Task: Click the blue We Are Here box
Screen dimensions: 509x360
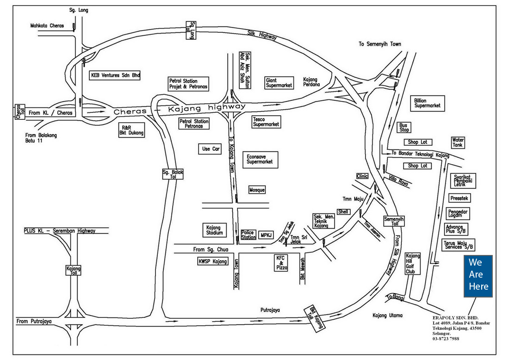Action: (x=478, y=276)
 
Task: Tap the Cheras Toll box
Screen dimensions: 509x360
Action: (x=20, y=112)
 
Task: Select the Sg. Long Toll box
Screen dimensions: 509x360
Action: (x=191, y=30)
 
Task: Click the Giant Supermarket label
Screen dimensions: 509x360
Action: (x=279, y=83)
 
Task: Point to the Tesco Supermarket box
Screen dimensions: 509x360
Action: (x=266, y=122)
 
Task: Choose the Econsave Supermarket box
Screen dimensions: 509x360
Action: (x=261, y=159)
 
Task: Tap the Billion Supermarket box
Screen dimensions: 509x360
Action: (x=427, y=103)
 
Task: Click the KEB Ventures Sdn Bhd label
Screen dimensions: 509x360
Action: (x=115, y=75)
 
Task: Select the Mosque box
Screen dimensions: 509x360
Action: (x=257, y=190)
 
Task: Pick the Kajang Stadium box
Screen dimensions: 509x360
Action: (x=214, y=230)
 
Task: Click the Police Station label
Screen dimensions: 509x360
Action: (x=248, y=235)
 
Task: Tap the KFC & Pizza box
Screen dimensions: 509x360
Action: (x=281, y=263)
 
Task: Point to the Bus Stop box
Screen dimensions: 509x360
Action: (x=404, y=127)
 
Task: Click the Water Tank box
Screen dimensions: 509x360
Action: (x=458, y=143)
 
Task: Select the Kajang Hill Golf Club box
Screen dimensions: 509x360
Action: (x=413, y=263)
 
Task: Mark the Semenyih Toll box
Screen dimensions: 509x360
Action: (x=394, y=221)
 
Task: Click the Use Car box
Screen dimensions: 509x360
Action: (x=211, y=149)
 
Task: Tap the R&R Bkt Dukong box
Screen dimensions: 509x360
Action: (x=131, y=130)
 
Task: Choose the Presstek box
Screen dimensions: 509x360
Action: (x=459, y=198)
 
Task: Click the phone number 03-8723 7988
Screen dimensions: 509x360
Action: (x=445, y=339)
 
